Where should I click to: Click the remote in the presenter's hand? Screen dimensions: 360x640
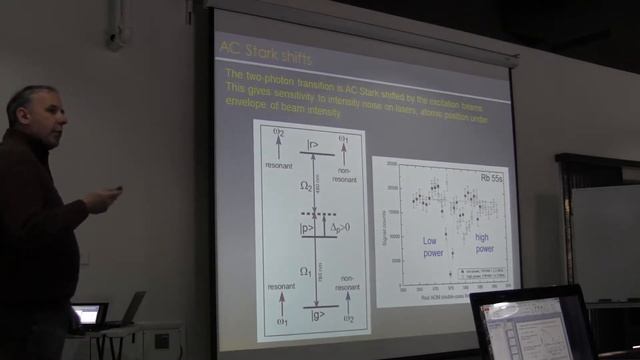click(117, 189)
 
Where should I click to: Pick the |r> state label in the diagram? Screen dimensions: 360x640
click(313, 144)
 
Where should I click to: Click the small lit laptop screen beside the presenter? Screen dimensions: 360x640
click(88, 315)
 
